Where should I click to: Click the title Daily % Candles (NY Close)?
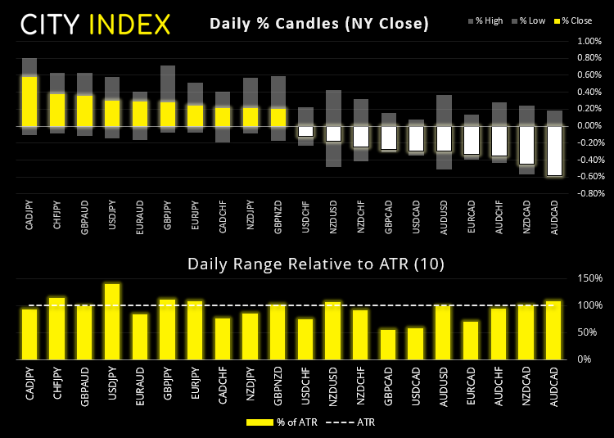[x=319, y=24]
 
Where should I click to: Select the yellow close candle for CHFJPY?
[x=57, y=110]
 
